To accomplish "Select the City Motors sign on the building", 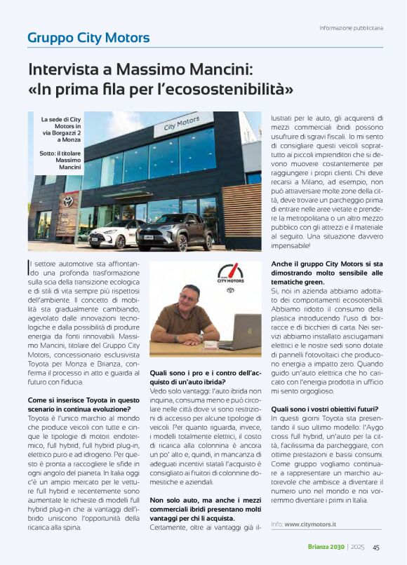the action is tap(182, 124).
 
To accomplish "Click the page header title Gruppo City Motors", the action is tap(88, 37).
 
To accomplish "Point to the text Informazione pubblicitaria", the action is tap(351, 28).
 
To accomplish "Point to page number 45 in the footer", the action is tap(376, 547).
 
